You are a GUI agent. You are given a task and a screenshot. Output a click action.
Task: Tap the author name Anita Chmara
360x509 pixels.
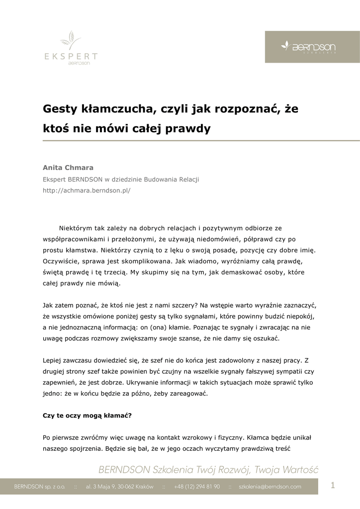click(68, 168)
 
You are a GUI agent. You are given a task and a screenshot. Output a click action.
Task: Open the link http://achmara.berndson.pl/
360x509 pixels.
click(87, 190)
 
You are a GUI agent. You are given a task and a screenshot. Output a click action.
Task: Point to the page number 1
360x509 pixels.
click(333, 486)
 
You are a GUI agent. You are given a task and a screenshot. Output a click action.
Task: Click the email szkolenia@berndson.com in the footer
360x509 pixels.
click(270, 487)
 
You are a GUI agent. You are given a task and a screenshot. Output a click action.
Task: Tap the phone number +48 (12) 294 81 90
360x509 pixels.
click(197, 487)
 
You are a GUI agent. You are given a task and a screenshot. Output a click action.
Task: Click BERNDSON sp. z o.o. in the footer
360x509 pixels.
click(39, 487)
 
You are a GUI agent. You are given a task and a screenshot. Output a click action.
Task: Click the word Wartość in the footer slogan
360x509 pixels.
click(299, 470)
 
